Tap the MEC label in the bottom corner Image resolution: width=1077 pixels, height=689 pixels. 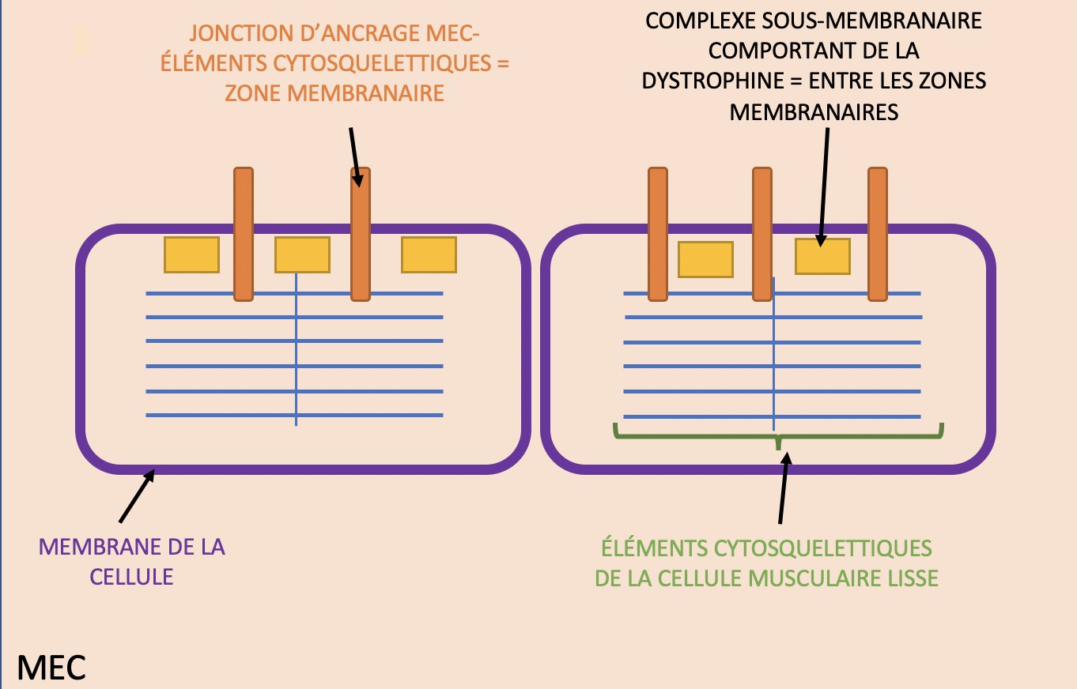point(51,668)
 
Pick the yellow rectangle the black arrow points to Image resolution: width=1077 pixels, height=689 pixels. point(822,256)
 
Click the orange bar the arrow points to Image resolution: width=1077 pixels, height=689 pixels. point(361,234)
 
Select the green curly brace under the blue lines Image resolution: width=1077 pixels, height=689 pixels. point(779,435)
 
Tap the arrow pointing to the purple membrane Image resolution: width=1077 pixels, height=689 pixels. point(137,497)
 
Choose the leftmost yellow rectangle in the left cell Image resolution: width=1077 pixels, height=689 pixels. point(191,254)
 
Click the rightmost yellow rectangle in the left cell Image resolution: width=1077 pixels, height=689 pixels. point(429,254)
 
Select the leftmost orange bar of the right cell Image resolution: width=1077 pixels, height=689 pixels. point(658,234)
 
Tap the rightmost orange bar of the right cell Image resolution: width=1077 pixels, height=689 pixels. point(878,234)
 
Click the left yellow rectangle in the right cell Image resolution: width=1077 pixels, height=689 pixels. point(705,259)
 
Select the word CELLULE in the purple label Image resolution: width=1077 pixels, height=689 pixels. point(131,576)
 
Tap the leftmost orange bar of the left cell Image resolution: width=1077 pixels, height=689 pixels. point(244,234)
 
